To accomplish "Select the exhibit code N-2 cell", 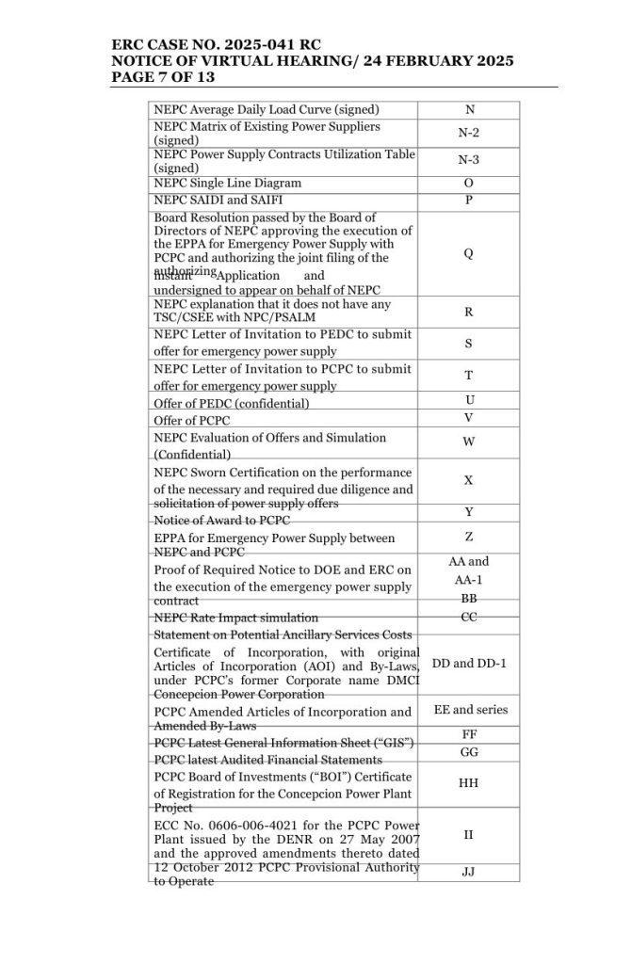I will pyautogui.click(x=468, y=134).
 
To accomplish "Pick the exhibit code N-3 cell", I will pyautogui.click(x=468, y=160).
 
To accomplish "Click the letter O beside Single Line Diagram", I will pyautogui.click(x=468, y=183).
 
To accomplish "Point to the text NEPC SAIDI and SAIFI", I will pyautogui.click(x=218, y=201).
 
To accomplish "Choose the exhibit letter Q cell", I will pyautogui.click(x=468, y=253).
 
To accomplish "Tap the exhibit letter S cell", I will pyautogui.click(x=468, y=344).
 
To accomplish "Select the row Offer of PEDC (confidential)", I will pyautogui.click(x=232, y=403).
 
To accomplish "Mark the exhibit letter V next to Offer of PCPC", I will pyautogui.click(x=468, y=418).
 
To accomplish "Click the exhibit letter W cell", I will pyautogui.click(x=468, y=442).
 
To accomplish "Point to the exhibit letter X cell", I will pyautogui.click(x=468, y=480).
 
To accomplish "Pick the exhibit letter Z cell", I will pyautogui.click(x=468, y=537).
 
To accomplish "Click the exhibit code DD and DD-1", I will pyautogui.click(x=468, y=664).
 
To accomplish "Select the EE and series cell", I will pyautogui.click(x=468, y=711).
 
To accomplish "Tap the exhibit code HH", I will pyautogui.click(x=468, y=781).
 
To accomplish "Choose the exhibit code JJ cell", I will pyautogui.click(x=468, y=872).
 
